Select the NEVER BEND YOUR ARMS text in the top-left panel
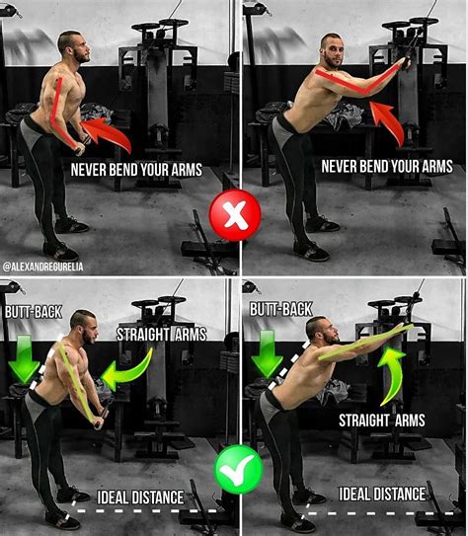pos(136,170)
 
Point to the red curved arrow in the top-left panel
pos(106,135)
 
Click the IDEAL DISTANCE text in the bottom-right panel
pos(382,494)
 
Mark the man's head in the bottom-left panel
pos(83,326)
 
